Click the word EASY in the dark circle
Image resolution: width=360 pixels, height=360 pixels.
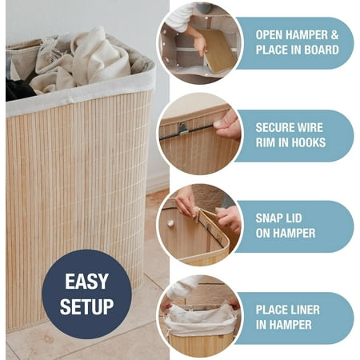coord(86,282)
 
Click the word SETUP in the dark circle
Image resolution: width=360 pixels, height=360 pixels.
coord(86,306)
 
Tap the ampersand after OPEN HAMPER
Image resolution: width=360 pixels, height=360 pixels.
coord(334,35)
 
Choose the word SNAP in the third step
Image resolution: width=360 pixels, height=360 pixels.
coord(269,218)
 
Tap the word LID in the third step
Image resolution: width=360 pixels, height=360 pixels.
coord(293,218)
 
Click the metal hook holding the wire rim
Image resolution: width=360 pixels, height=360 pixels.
coord(182,128)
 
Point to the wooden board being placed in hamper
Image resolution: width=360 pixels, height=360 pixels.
coord(218,50)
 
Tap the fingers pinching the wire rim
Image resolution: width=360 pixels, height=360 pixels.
coord(227,125)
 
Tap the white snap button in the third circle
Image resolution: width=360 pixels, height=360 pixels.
coord(170,223)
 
